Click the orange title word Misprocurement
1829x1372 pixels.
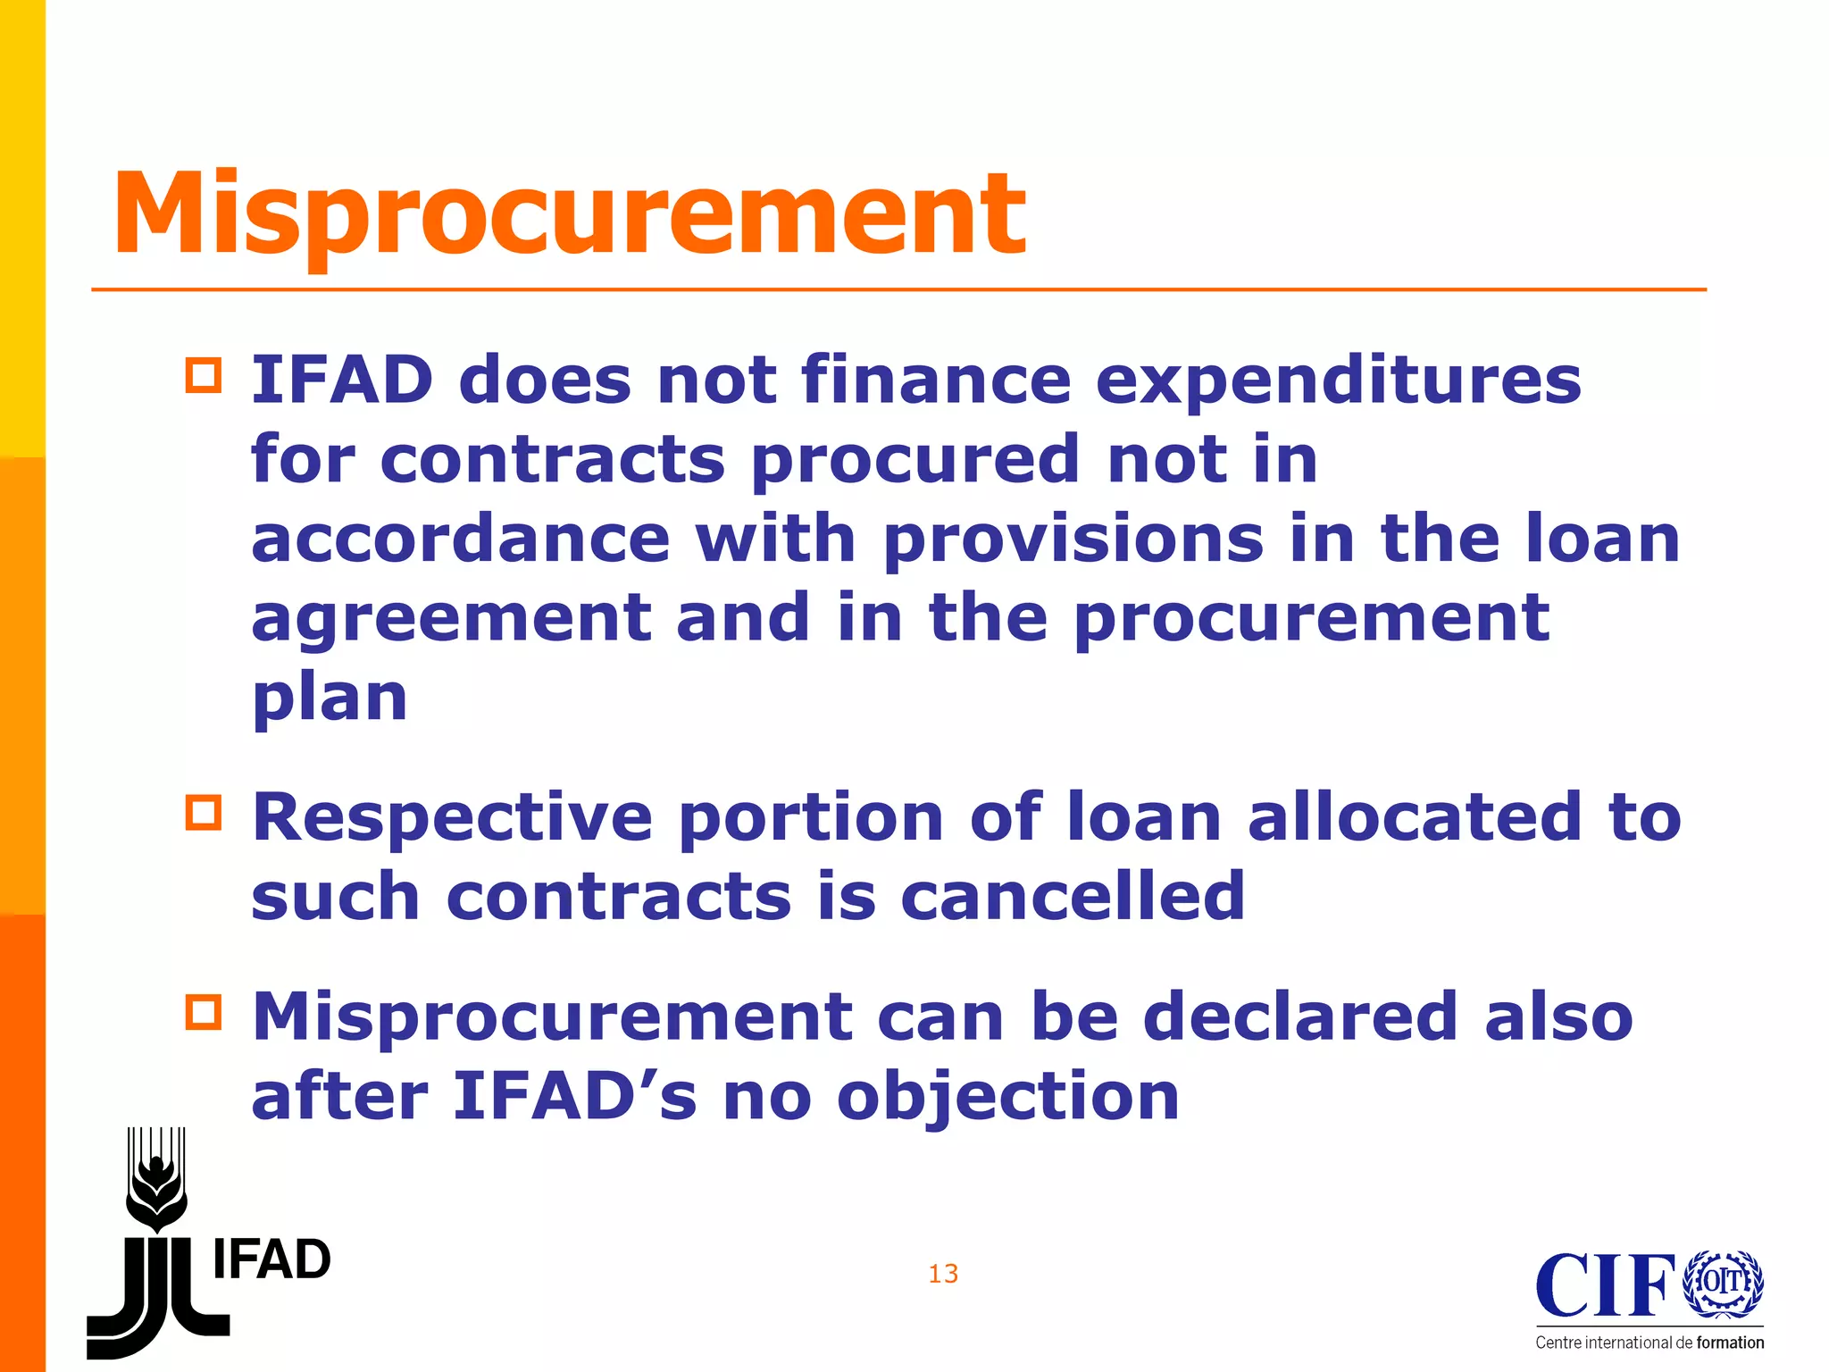coord(569,214)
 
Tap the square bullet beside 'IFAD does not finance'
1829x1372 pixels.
coord(204,375)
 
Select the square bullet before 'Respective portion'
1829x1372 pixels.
coord(204,813)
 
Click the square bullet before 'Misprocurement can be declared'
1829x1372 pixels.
coord(204,1012)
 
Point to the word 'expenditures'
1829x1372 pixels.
coord(1338,382)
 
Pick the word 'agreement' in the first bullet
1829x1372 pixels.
coord(451,620)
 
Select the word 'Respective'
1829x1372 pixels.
coord(453,818)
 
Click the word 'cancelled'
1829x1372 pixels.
coord(1073,896)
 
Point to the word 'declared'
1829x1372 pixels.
coord(1300,1016)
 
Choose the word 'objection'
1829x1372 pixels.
coord(1008,1097)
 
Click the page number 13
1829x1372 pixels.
coord(943,1274)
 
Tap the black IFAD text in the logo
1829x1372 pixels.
coord(271,1260)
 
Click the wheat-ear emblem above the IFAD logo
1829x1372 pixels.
coord(157,1179)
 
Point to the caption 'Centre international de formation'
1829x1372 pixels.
coord(1649,1343)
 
